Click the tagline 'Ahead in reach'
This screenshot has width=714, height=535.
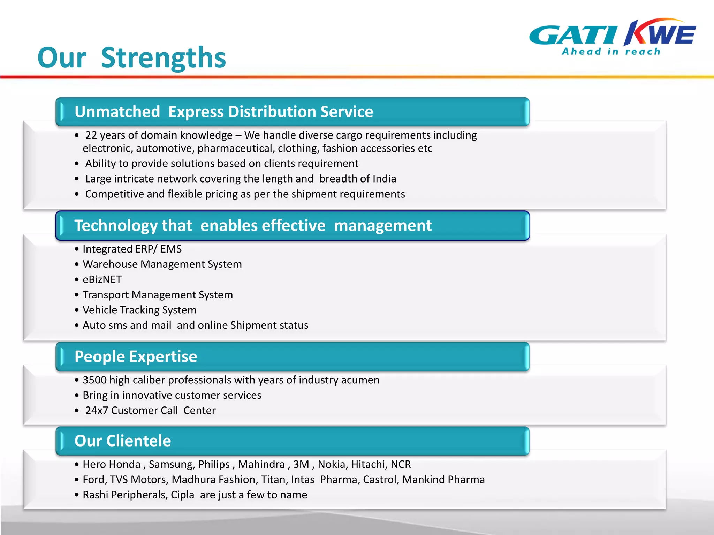coord(611,52)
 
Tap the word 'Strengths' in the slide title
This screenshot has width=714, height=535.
coord(163,57)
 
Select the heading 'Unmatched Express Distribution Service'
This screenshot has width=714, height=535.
coord(224,112)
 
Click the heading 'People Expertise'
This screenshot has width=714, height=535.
coord(136,357)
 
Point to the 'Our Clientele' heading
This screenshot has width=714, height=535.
coord(123,441)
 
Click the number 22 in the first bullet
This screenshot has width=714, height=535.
coord(91,135)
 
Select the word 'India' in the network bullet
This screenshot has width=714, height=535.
coord(384,179)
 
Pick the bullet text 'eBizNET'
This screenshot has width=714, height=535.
coord(102,279)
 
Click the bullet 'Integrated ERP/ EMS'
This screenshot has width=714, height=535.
coord(132,249)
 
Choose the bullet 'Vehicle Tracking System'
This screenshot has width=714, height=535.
coord(139,310)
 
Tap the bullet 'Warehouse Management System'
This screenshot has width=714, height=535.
coord(162,264)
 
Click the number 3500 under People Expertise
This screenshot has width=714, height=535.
coord(94,380)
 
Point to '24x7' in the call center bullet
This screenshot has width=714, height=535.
coord(97,411)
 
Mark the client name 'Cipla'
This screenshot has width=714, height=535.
coord(182,495)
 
